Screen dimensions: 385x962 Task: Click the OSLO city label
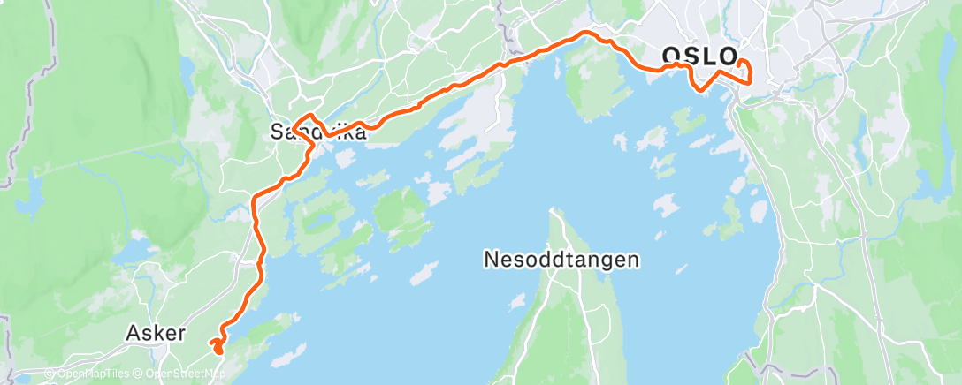coord(699,57)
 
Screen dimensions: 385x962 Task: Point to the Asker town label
coord(156,334)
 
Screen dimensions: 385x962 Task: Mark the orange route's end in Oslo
coord(740,63)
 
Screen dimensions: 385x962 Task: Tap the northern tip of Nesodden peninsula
coord(554,211)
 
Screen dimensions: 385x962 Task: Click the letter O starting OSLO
coord(672,57)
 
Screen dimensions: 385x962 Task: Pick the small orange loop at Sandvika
coord(307,124)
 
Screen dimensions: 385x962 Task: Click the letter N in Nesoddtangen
coord(491,260)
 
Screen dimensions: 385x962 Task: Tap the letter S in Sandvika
coord(277,133)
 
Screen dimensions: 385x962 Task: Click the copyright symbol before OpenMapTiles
coord(49,374)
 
